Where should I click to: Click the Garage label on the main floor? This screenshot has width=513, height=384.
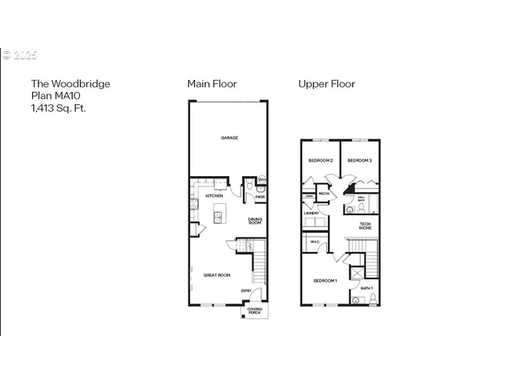[230, 138]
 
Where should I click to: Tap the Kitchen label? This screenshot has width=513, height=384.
[214, 196]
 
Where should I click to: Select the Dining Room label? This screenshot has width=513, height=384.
[255, 222]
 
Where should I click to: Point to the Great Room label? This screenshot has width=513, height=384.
[217, 275]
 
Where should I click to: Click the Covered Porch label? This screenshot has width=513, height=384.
[255, 310]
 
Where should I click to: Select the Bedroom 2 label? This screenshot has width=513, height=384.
[320, 161]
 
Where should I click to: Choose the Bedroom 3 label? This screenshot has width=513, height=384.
[359, 161]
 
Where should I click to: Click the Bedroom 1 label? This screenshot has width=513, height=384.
[325, 281]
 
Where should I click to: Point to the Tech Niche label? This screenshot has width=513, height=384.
[365, 226]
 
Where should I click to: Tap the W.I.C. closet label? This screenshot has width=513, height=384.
[315, 242]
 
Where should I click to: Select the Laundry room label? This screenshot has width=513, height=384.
[312, 214]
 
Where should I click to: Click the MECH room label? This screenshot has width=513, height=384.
[324, 194]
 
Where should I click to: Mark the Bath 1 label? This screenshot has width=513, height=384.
[366, 287]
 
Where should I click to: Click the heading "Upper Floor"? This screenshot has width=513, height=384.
[326, 83]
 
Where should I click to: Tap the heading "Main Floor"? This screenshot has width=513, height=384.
[212, 83]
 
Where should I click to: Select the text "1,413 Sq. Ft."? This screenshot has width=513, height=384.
[58, 107]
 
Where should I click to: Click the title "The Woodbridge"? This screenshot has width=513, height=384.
[70, 83]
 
